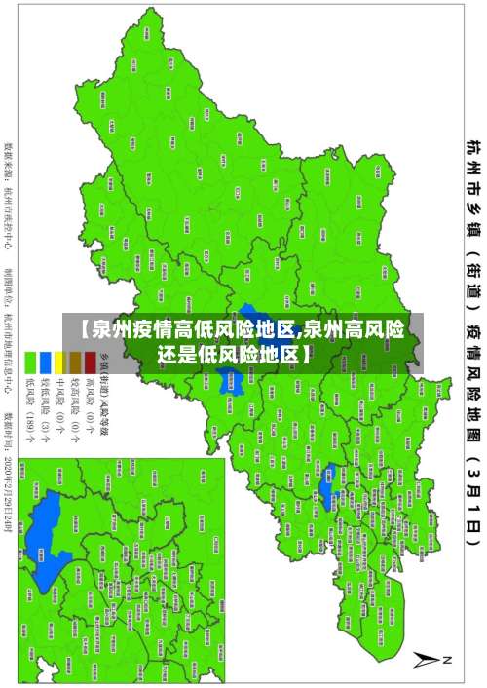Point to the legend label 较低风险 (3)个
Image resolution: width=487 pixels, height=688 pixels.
[45, 407]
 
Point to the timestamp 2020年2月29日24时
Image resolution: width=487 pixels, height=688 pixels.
[8, 488]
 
